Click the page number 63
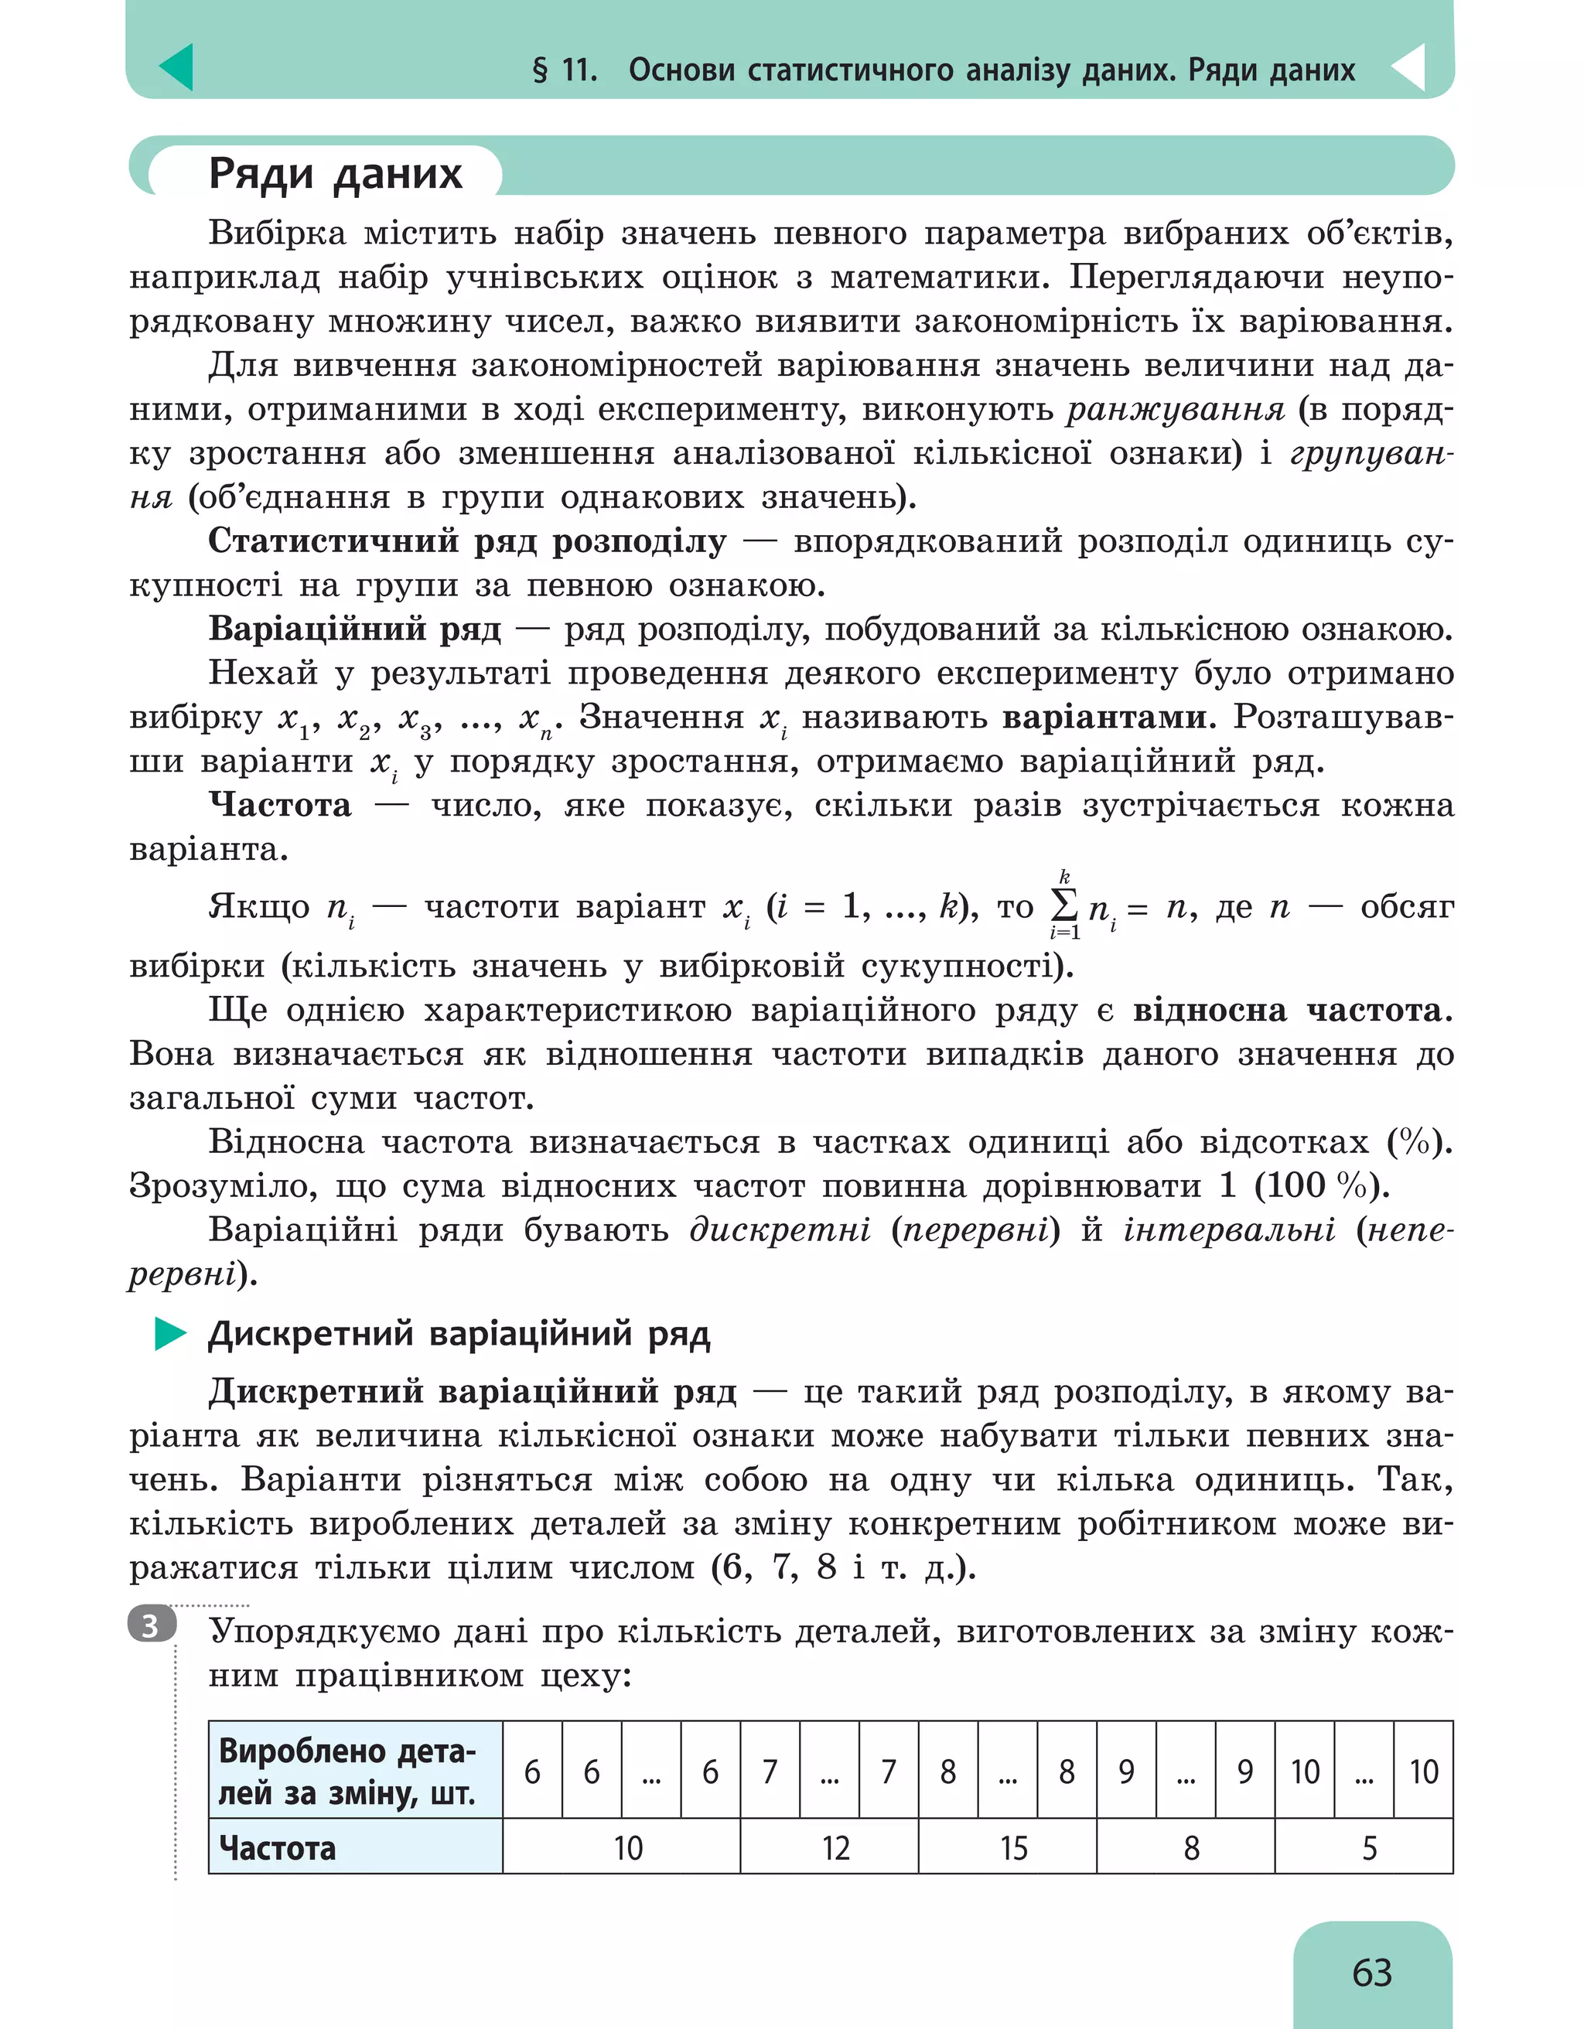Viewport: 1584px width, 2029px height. tap(1371, 1972)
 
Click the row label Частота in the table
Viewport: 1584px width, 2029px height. tap(277, 1848)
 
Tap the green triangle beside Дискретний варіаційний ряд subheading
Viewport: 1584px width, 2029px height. tap(169, 1334)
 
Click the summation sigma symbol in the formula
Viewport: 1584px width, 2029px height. tap(1063, 904)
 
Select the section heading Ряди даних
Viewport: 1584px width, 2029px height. tap(334, 174)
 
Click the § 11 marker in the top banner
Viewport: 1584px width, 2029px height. tap(564, 70)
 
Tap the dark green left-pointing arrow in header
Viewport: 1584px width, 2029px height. tap(176, 67)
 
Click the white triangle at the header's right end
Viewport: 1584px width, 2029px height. tap(1408, 67)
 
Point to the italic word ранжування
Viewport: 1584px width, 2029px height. tap(1175, 409)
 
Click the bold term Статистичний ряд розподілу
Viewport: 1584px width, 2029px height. tap(467, 540)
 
